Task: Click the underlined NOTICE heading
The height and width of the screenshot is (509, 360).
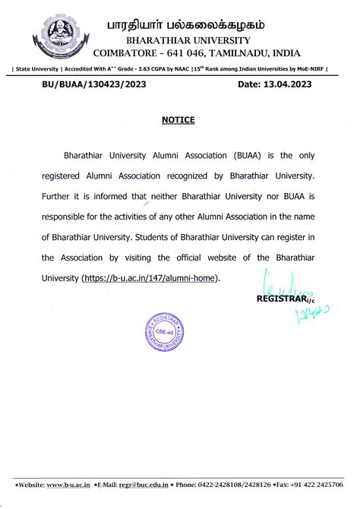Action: [179, 120]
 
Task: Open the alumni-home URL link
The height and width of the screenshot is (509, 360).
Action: [150, 278]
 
